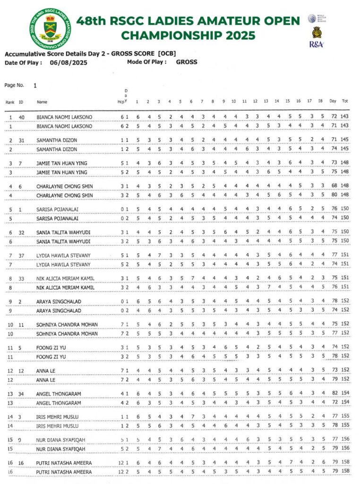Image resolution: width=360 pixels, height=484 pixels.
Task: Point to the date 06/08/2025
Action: tap(69, 62)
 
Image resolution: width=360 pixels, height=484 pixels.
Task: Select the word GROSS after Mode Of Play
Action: tap(187, 61)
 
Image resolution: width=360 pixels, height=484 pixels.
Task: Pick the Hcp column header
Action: tap(121, 102)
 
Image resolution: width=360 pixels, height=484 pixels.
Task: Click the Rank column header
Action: tap(10, 102)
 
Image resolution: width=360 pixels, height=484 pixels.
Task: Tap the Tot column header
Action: tap(345, 102)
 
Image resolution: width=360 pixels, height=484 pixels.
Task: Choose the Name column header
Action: tap(42, 102)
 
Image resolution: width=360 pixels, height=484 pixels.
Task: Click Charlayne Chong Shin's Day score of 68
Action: tap(333, 186)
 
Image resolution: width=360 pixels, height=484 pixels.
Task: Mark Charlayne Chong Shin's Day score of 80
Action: tap(333, 195)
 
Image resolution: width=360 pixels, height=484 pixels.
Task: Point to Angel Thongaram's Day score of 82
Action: tap(333, 394)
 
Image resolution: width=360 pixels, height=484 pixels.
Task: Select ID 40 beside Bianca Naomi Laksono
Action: tap(21, 117)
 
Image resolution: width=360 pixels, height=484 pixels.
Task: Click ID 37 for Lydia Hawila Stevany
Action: tap(21, 255)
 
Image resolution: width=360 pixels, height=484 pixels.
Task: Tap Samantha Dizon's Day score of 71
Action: tap(333, 140)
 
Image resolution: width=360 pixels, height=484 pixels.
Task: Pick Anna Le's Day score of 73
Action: tap(333, 370)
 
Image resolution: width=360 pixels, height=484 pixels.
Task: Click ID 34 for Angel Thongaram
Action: tap(21, 394)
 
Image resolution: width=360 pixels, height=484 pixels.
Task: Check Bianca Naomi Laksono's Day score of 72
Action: tap(333, 117)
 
